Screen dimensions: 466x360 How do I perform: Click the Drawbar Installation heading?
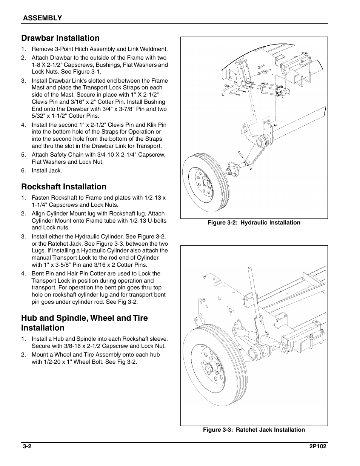click(60, 38)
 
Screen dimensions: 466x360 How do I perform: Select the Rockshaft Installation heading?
click(64, 187)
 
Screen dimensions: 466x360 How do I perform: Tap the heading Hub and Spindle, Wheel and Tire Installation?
click(84, 323)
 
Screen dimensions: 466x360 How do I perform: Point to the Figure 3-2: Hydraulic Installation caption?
click(254, 223)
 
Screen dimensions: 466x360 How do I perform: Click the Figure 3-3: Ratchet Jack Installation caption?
click(254, 430)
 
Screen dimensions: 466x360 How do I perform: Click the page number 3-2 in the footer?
click(26, 446)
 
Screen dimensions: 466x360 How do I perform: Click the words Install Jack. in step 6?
click(47, 171)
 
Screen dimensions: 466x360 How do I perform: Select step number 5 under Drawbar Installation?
click(23, 155)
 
